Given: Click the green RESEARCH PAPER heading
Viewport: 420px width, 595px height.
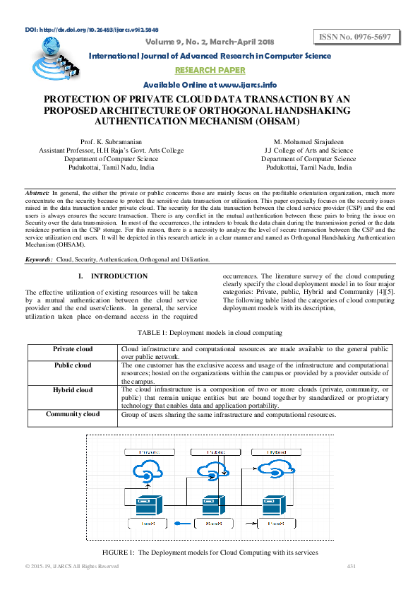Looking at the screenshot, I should tap(210, 70).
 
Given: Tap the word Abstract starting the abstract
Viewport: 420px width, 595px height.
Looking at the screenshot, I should tap(37, 192).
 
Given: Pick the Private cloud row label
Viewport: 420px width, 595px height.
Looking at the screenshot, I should tap(72, 349).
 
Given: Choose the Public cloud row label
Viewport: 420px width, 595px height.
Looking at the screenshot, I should tap(72, 365).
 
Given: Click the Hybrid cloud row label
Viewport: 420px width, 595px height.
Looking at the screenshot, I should tap(72, 389).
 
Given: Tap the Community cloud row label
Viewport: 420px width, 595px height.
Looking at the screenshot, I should tap(72, 413).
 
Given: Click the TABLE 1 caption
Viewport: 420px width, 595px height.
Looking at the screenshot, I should tap(210, 332).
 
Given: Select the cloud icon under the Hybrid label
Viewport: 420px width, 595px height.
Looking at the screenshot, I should tap(272, 472).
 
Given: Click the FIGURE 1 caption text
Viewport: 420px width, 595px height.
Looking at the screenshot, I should tap(210, 552).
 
